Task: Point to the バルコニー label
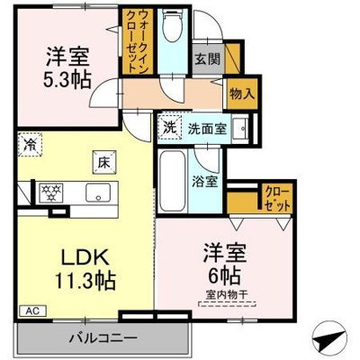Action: coord(103,339)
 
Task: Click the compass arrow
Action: coord(328,343)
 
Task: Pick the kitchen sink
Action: coord(95,192)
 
